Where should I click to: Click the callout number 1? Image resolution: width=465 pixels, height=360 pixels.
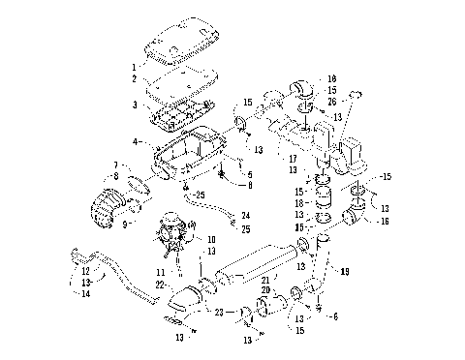134,68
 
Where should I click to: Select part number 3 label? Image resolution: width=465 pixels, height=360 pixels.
134,103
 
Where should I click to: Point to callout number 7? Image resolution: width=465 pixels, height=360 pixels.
115,165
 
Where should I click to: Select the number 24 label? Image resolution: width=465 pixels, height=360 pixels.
245,216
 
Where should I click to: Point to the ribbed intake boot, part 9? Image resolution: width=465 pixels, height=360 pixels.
112,207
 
